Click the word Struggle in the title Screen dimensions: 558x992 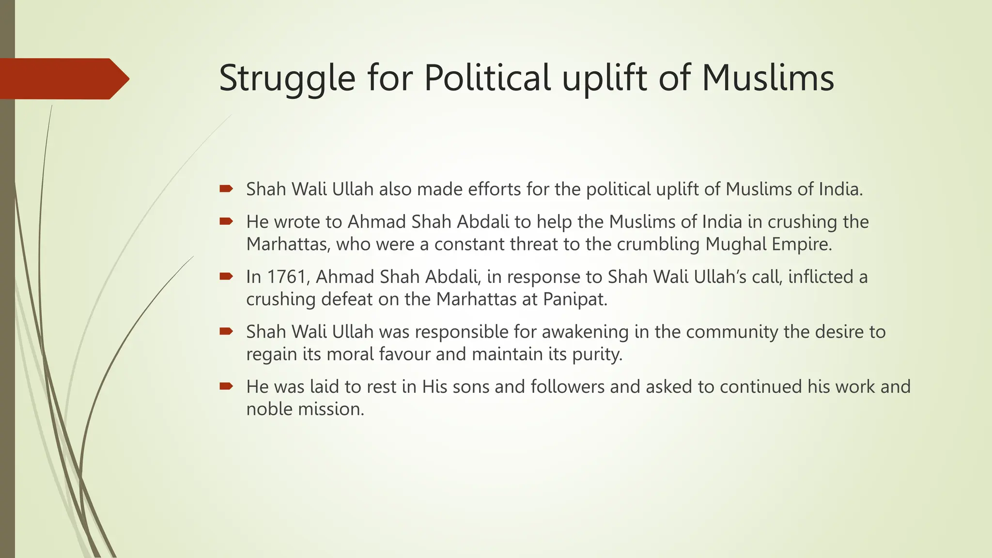click(x=287, y=79)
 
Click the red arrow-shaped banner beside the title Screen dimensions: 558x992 click(x=63, y=78)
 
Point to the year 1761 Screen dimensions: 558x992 click(x=288, y=277)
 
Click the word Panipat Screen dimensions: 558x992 click(x=574, y=299)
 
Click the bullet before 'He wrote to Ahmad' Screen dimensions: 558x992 click(x=226, y=222)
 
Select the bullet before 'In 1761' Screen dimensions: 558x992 click(x=226, y=277)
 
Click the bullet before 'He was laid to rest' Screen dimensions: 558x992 click(x=226, y=387)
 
